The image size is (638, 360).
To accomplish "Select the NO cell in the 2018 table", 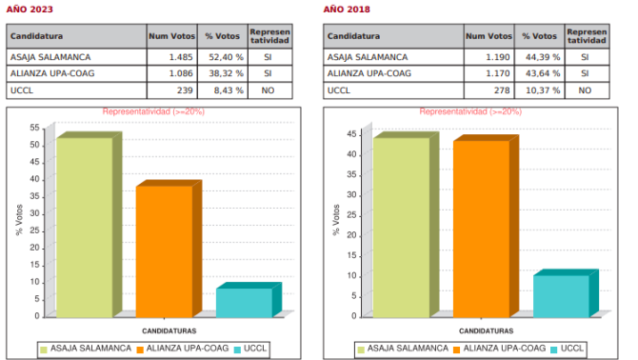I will [585, 90].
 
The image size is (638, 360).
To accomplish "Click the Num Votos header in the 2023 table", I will [170, 36].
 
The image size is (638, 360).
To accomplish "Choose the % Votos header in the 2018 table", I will [539, 36].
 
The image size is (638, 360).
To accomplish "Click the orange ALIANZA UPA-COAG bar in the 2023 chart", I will [164, 250].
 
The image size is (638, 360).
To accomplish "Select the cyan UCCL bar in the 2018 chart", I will [561, 295].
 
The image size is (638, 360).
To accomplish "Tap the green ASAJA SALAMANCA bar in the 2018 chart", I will [401, 227].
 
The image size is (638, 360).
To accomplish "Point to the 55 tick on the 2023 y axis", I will [34, 128].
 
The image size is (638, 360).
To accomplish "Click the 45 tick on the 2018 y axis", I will [351, 134].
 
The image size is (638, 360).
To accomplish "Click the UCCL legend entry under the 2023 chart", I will [256, 348].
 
